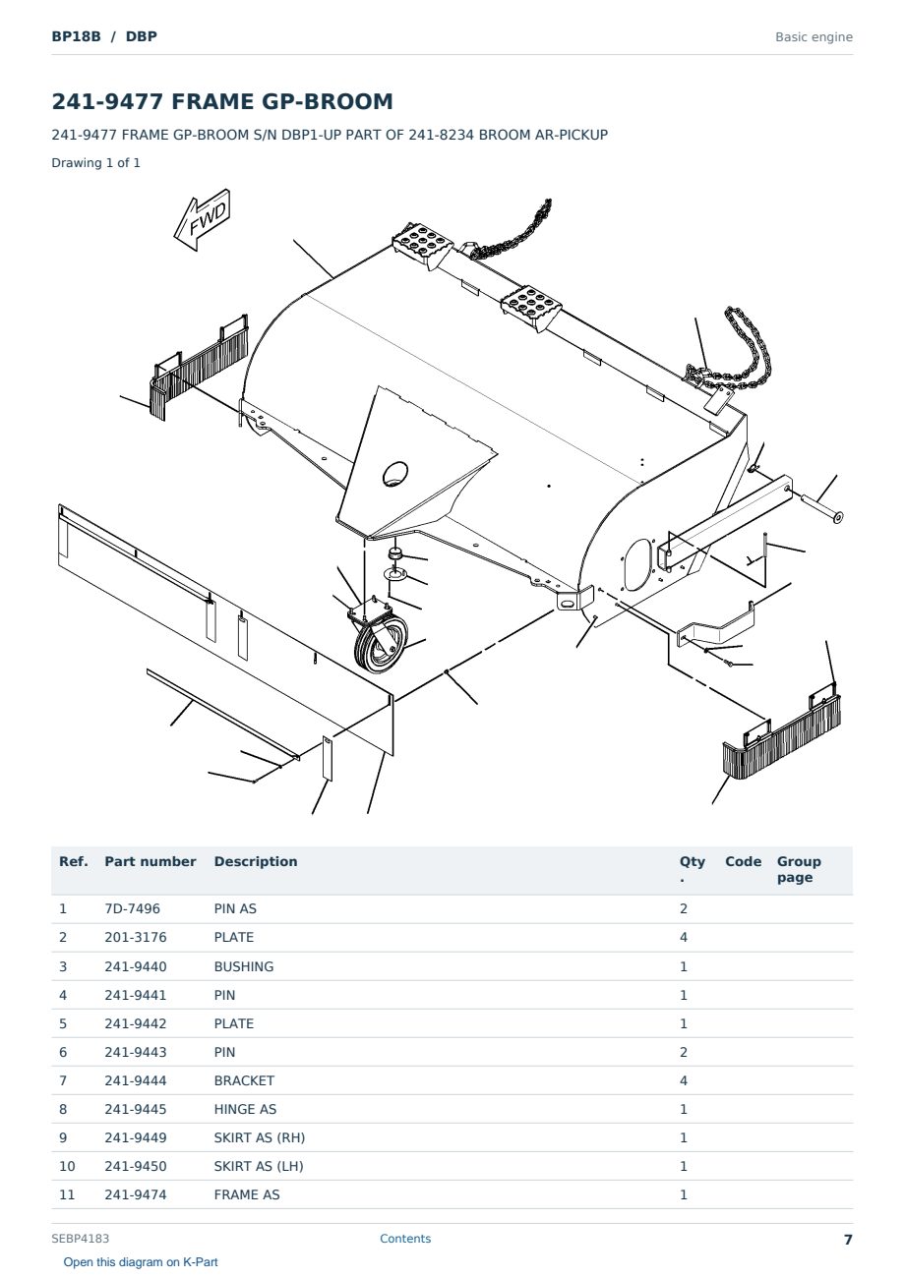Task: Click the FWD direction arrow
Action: click(202, 219)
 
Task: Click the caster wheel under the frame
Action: click(381, 644)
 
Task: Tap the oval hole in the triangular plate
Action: click(395, 474)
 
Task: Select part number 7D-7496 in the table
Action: click(132, 909)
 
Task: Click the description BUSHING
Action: click(244, 966)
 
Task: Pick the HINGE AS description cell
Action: click(245, 1109)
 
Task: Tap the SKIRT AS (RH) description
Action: click(260, 1137)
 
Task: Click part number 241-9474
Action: click(136, 1194)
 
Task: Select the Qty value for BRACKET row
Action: click(684, 1080)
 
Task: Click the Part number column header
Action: click(151, 861)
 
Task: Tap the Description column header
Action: click(256, 861)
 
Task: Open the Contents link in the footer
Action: click(405, 1239)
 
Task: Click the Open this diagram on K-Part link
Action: click(141, 1262)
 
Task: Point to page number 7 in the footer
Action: click(848, 1240)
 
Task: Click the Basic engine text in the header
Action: click(814, 37)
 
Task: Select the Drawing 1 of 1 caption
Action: click(96, 162)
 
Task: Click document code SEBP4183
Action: click(80, 1239)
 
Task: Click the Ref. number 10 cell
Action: click(67, 1166)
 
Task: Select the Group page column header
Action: click(799, 869)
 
